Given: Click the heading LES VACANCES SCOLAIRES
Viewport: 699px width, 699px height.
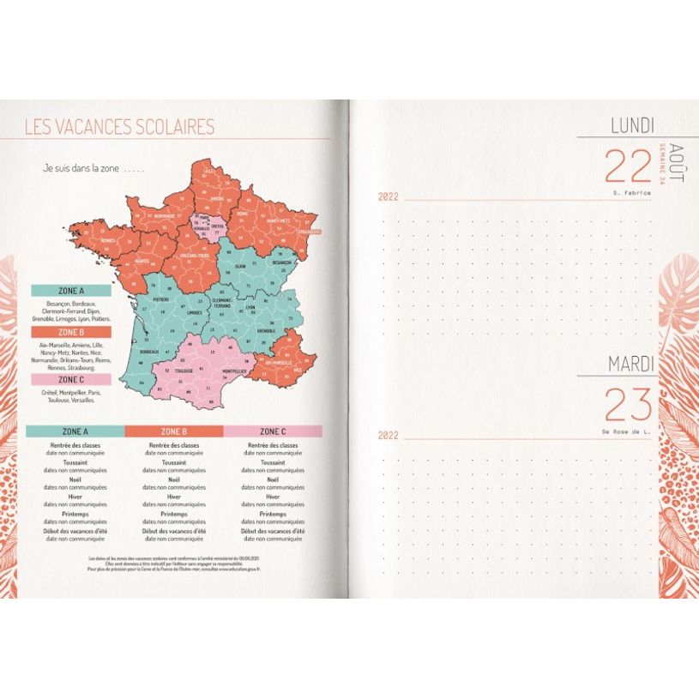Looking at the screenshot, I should pos(119,128).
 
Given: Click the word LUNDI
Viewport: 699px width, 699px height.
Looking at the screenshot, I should pos(632,126).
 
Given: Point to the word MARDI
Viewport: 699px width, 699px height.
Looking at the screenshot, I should pos(631,364).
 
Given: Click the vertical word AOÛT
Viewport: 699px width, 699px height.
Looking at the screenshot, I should pos(677,164).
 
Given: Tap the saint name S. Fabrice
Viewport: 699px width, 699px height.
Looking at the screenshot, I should pos(632,193).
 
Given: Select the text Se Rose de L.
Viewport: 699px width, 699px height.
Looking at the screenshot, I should pos(626,431).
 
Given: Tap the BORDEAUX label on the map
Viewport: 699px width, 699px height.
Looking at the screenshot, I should pos(148,352).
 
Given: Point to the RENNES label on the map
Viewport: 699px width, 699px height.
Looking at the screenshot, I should pos(108,241).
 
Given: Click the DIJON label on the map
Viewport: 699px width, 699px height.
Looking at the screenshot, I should pos(240,266).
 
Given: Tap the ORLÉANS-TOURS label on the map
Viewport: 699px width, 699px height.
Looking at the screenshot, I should pos(195,256).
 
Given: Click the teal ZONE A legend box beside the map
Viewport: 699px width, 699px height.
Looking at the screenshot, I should pos(70,292).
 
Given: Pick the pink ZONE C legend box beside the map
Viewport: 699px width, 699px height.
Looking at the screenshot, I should pos(70,378).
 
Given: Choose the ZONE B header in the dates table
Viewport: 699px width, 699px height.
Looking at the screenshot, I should pos(174,431).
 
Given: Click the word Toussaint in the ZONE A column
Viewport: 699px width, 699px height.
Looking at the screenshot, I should pos(75,461).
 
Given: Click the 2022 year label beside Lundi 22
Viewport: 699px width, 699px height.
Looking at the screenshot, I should pos(389,197).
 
